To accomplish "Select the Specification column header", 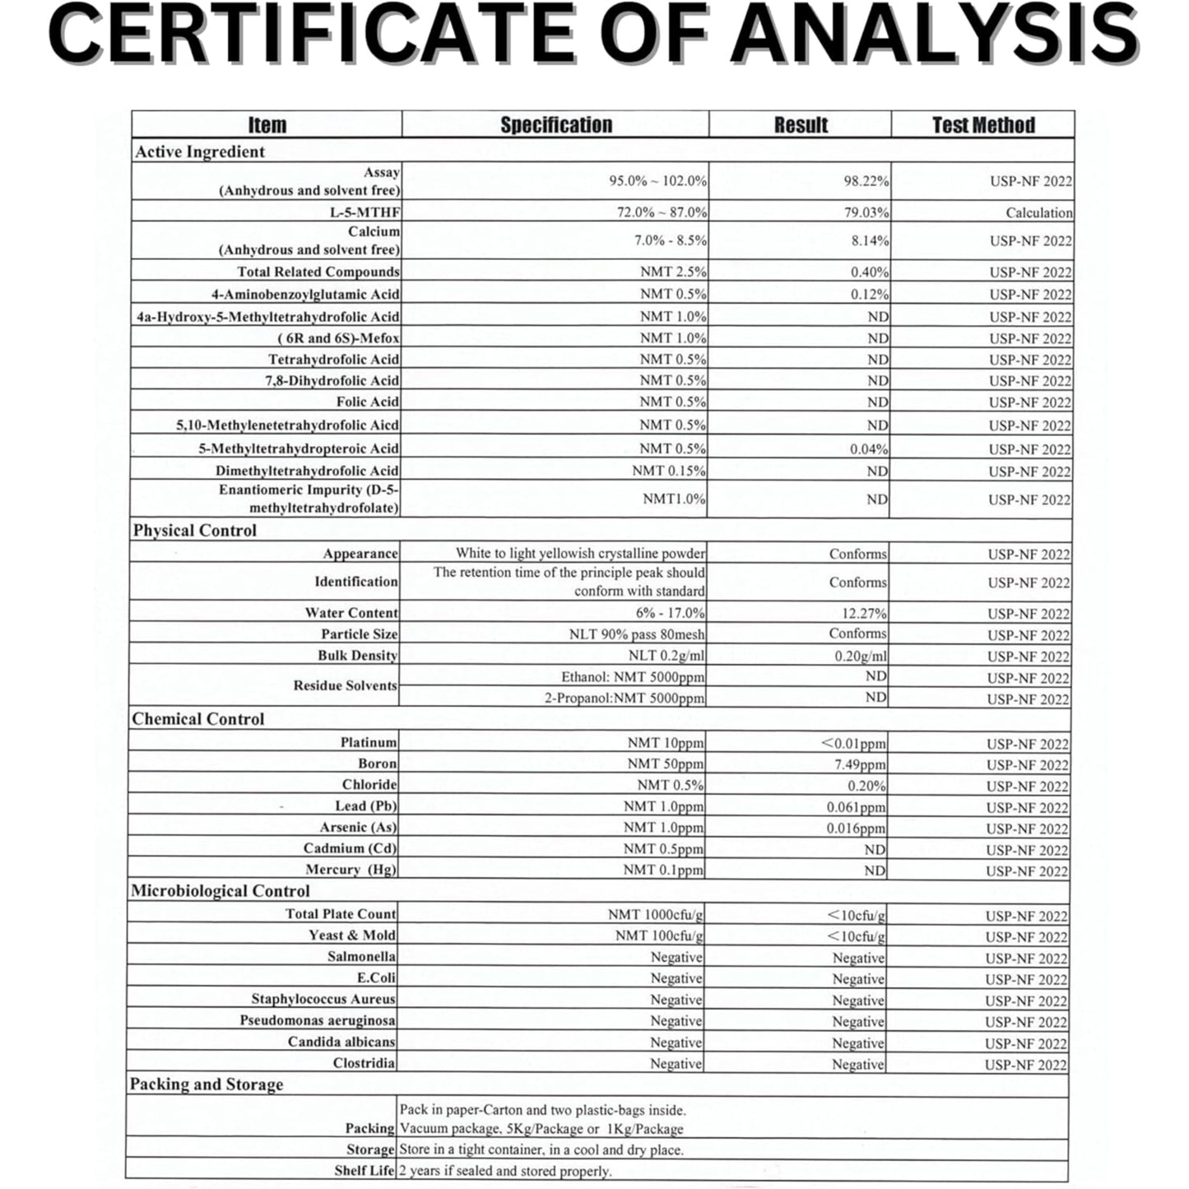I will (x=556, y=125).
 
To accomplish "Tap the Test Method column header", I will (x=983, y=125).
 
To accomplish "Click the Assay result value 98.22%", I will (x=866, y=181).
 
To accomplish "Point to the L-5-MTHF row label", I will (x=365, y=212).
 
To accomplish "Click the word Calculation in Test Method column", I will (x=1038, y=213).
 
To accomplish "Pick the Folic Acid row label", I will (x=367, y=402).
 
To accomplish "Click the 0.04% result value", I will (x=869, y=449).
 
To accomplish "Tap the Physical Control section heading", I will (x=195, y=531).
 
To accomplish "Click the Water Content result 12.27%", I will (x=864, y=614).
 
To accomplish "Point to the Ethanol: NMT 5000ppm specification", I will (x=633, y=677).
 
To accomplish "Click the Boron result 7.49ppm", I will (x=860, y=764).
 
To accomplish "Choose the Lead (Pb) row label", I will (x=365, y=806).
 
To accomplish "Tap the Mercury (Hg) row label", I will (x=351, y=870).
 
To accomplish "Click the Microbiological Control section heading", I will (x=221, y=891).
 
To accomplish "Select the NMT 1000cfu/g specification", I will (x=655, y=915).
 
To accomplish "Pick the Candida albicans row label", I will (x=341, y=1042).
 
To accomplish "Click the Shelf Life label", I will (x=364, y=1171).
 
